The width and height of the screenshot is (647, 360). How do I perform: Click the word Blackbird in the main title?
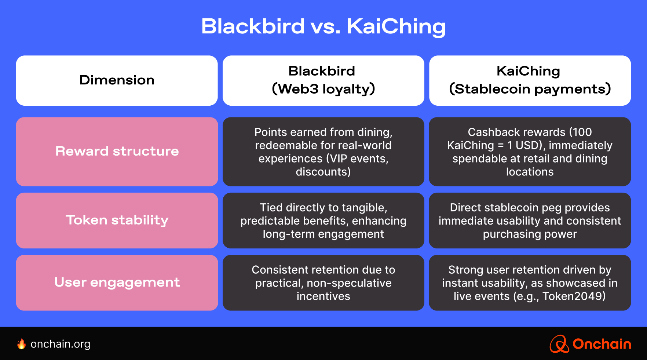pyautogui.click(x=253, y=26)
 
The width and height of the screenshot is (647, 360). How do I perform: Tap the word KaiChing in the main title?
pyautogui.click(x=396, y=26)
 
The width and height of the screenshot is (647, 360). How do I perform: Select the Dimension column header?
pyautogui.click(x=117, y=80)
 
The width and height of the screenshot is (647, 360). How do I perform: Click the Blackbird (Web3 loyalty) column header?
pyautogui.click(x=323, y=80)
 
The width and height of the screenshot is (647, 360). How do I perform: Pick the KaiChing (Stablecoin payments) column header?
pyautogui.click(x=530, y=80)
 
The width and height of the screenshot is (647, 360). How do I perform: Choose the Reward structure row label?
pyautogui.click(x=117, y=151)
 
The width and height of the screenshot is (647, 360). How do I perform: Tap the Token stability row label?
pyautogui.click(x=117, y=220)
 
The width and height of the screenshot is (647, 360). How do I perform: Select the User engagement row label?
pyautogui.click(x=117, y=282)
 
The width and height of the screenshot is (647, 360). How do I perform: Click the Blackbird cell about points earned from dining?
pyautogui.click(x=323, y=152)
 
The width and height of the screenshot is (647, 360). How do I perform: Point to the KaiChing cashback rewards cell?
pyautogui.click(x=530, y=152)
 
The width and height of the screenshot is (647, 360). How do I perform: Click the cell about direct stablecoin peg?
pyautogui.click(x=530, y=221)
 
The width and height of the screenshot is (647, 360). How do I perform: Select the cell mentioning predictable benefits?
pyautogui.click(x=323, y=221)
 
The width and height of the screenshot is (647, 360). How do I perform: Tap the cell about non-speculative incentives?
pyautogui.click(x=323, y=283)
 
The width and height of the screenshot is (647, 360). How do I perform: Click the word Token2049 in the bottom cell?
pyautogui.click(x=574, y=296)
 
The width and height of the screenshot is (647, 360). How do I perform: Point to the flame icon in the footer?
pyautogui.click(x=22, y=344)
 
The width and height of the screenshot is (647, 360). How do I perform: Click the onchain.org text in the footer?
pyautogui.click(x=61, y=344)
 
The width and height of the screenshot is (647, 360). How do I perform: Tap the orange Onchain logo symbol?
pyautogui.click(x=559, y=344)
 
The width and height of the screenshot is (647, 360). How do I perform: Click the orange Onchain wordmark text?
pyautogui.click(x=602, y=344)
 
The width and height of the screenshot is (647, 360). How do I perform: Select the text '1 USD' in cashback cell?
pyautogui.click(x=523, y=145)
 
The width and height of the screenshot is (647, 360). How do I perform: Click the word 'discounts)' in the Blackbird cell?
pyautogui.click(x=323, y=172)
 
